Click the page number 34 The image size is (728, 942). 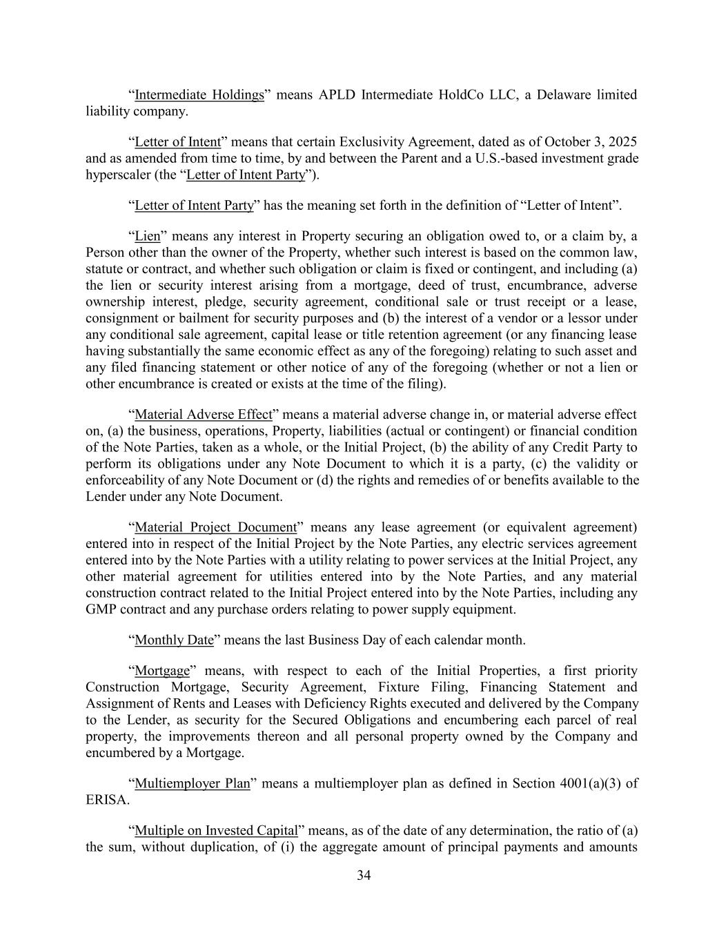[x=364, y=876]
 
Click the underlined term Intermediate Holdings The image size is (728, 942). [x=199, y=95]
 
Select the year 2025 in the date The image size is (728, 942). [x=622, y=142]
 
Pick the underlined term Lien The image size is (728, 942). [x=147, y=237]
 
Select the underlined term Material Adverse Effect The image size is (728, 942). [x=204, y=415]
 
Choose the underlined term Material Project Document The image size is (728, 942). [x=215, y=528]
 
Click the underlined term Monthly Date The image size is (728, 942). [x=174, y=640]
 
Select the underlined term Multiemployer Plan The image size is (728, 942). [x=192, y=784]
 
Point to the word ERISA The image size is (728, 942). [x=105, y=801]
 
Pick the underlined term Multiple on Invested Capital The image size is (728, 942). [x=216, y=830]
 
